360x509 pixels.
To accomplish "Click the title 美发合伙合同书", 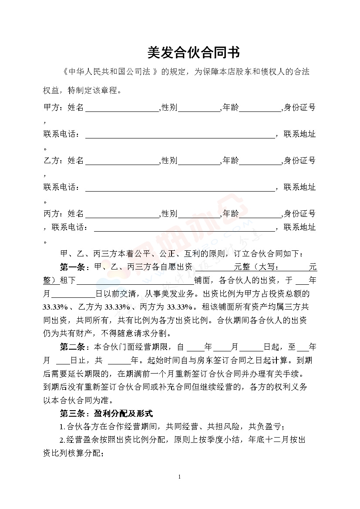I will click(x=193, y=53).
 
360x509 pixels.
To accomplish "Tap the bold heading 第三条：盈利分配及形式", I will click(x=106, y=413).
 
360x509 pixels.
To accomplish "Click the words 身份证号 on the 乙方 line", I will click(x=300, y=161).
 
